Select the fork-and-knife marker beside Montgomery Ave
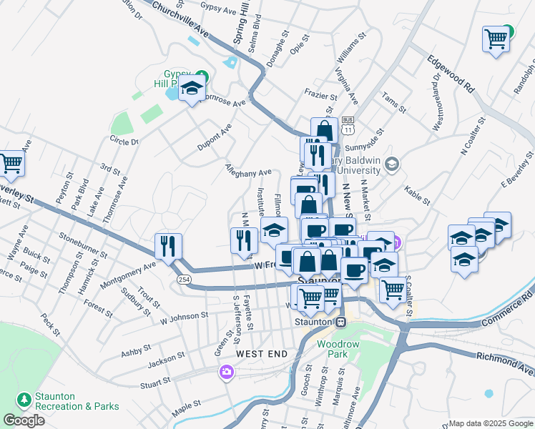click(168, 247)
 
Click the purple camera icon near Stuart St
click(227, 372)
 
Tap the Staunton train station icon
click(341, 321)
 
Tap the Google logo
click(24, 420)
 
